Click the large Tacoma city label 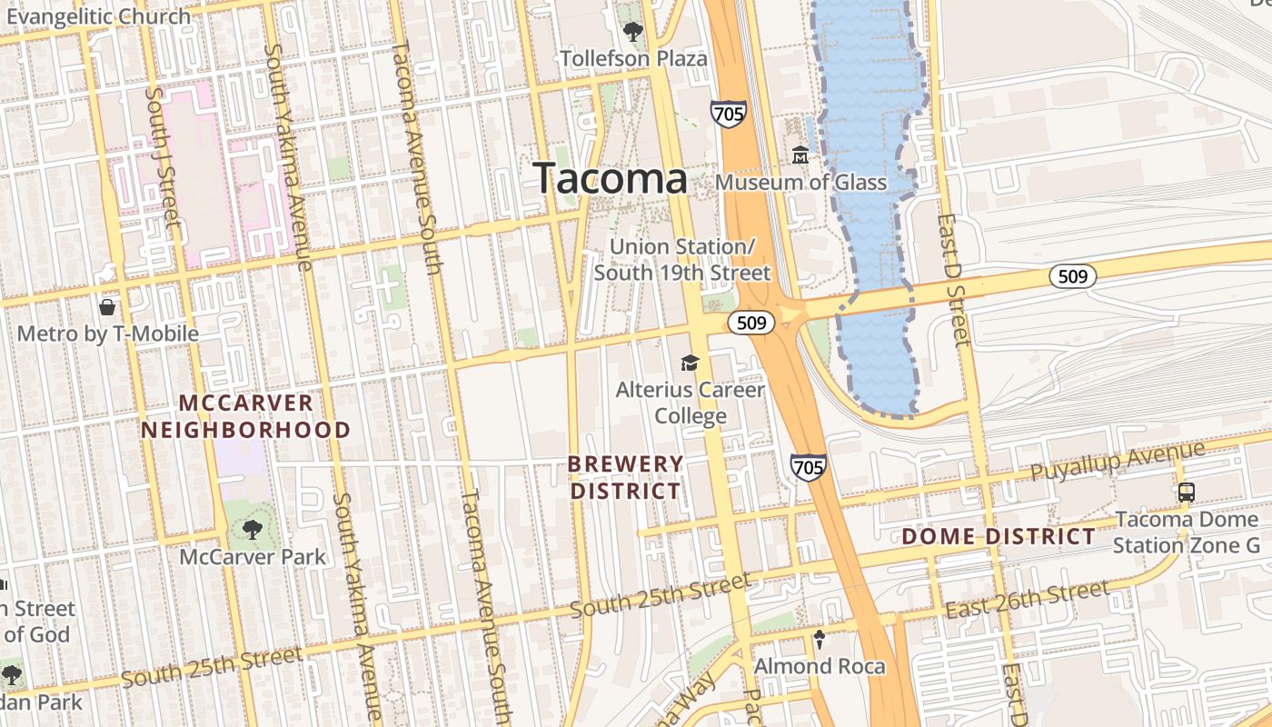[x=610, y=177]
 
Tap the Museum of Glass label [x=800, y=182]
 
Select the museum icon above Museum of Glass [x=800, y=154]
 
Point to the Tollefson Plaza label [x=633, y=59]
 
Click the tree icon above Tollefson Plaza [x=633, y=32]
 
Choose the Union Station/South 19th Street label [x=681, y=260]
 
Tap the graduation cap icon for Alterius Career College [x=691, y=363]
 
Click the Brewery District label [x=625, y=477]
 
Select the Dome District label [x=999, y=536]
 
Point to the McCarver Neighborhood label [x=246, y=416]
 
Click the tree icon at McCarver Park [x=252, y=529]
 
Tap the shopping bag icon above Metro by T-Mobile [x=107, y=307]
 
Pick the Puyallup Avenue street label [x=1118, y=463]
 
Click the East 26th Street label [x=1027, y=600]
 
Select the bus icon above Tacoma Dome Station [x=1187, y=493]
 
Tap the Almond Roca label [x=820, y=666]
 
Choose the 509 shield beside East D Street [x=1073, y=276]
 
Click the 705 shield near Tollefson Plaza [x=729, y=114]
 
